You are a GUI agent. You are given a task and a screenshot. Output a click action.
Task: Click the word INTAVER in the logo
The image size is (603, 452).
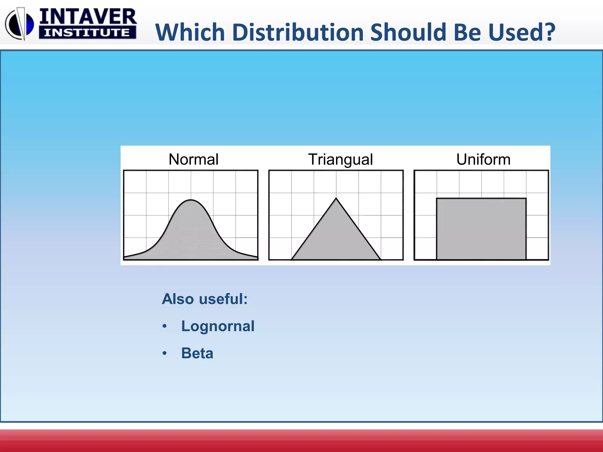coord(88,17)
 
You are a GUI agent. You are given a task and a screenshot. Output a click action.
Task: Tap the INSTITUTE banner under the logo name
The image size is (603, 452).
coord(87,33)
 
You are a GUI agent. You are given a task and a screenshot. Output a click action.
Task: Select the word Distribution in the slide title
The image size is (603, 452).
coord(298,32)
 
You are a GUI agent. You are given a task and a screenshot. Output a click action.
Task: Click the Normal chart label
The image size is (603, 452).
coord(193,159)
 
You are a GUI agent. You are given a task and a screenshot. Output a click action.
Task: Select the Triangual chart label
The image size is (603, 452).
coord(340,160)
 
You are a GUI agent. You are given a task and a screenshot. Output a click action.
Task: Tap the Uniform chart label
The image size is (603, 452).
coord(483,159)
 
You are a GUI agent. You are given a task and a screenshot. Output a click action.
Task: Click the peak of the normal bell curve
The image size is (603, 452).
coord(191,200)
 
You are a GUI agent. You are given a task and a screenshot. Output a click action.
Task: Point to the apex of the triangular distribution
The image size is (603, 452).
coord(336,199)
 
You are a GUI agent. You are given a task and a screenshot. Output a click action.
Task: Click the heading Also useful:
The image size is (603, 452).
coord(205,299)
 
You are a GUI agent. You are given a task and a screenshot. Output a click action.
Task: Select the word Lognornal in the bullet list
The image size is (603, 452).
coord(218,326)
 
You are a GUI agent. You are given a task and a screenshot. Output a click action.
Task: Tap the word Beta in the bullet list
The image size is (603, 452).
coord(197,353)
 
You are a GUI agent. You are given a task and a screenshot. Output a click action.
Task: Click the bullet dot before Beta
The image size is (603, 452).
coord(165,353)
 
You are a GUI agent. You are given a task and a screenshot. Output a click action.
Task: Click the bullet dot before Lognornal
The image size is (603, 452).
coord(165,326)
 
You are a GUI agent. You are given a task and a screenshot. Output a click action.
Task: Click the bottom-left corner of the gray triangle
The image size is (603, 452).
coord(292,260)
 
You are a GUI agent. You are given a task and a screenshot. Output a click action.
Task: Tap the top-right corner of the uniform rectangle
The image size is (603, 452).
coord(526,199)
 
